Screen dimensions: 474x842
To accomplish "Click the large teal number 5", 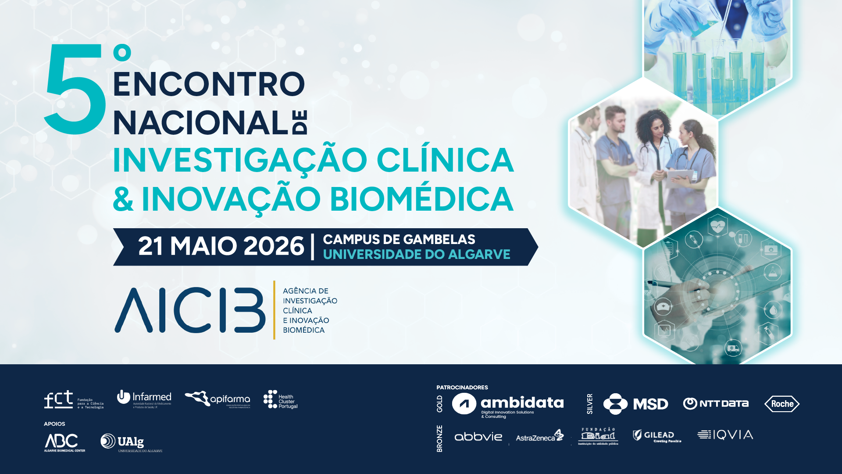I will (75, 90).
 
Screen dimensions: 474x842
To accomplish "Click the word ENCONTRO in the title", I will (209, 84).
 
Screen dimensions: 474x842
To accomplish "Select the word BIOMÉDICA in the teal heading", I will (421, 199).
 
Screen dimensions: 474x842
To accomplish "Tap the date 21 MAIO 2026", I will (221, 246).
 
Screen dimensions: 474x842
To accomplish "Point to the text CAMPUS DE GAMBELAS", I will (399, 240).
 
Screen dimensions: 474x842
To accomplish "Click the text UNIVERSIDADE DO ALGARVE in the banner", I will (416, 255).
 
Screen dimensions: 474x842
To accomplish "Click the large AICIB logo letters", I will (190, 310).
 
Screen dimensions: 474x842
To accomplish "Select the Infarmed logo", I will (144, 399).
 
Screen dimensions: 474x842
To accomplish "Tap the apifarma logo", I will (218, 399).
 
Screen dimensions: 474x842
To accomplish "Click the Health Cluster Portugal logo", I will (280, 400).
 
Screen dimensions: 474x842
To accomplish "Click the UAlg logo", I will (131, 442).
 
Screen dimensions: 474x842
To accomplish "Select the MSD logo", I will (635, 404).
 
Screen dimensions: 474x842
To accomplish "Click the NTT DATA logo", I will (716, 403).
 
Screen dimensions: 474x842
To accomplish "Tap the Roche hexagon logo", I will (782, 404).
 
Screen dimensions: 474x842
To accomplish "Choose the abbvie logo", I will (478, 437).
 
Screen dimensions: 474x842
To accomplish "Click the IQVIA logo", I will (725, 435).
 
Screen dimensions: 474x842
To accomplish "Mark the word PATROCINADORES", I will (462, 388).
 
